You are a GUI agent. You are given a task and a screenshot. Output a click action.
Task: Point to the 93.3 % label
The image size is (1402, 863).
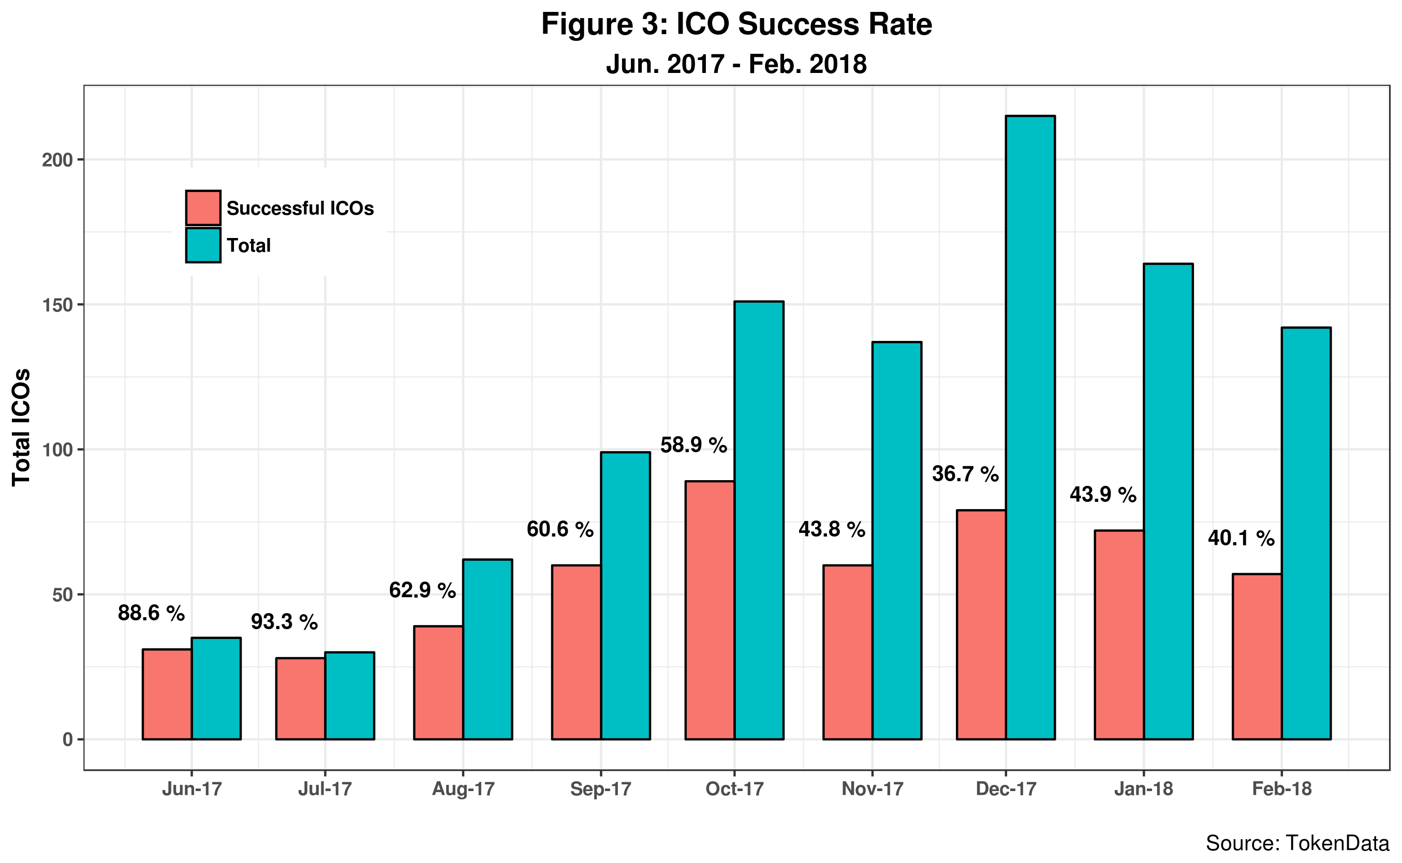[284, 621]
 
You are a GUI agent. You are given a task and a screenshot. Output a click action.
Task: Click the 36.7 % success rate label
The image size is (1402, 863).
[965, 474]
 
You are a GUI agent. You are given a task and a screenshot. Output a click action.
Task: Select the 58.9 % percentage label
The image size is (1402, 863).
[693, 444]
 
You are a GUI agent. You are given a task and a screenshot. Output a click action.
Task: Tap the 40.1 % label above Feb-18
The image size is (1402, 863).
[1241, 538]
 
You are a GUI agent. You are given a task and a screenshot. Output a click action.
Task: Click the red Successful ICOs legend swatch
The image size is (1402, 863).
[203, 208]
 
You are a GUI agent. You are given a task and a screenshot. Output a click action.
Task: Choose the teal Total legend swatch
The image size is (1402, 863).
[203, 245]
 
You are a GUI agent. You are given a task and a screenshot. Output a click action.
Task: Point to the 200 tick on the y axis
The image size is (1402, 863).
[57, 160]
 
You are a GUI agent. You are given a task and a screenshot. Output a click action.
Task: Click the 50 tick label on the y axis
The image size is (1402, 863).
[62, 595]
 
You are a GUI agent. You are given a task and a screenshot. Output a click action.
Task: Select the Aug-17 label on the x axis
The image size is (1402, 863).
[463, 789]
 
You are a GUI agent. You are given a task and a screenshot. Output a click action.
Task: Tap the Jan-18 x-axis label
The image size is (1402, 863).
[1143, 789]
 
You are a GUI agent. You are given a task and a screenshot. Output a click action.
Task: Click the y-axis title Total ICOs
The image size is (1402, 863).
[21, 427]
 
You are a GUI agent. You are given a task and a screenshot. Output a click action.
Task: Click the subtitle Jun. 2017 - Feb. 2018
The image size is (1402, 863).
[736, 64]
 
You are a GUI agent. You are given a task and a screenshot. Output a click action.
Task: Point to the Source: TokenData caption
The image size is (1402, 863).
[1297, 843]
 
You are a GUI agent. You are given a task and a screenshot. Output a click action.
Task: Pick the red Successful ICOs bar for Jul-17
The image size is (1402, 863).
[300, 698]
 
